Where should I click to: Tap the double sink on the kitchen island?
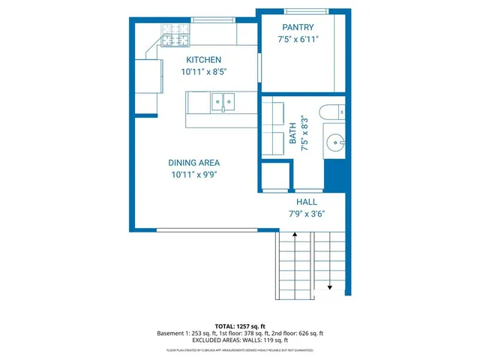point(223,100)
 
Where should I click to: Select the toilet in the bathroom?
point(331,112)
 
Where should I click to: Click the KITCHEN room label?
point(203,60)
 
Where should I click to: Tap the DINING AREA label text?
point(193,163)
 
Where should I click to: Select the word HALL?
point(307,202)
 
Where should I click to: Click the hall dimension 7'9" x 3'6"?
point(307,214)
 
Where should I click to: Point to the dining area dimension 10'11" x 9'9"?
point(193,175)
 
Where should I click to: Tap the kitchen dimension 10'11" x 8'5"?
point(203,72)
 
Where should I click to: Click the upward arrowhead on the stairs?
point(295,235)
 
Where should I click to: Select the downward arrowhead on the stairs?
point(329,287)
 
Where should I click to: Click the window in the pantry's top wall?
point(305,10)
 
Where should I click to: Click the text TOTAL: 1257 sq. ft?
point(240,326)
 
